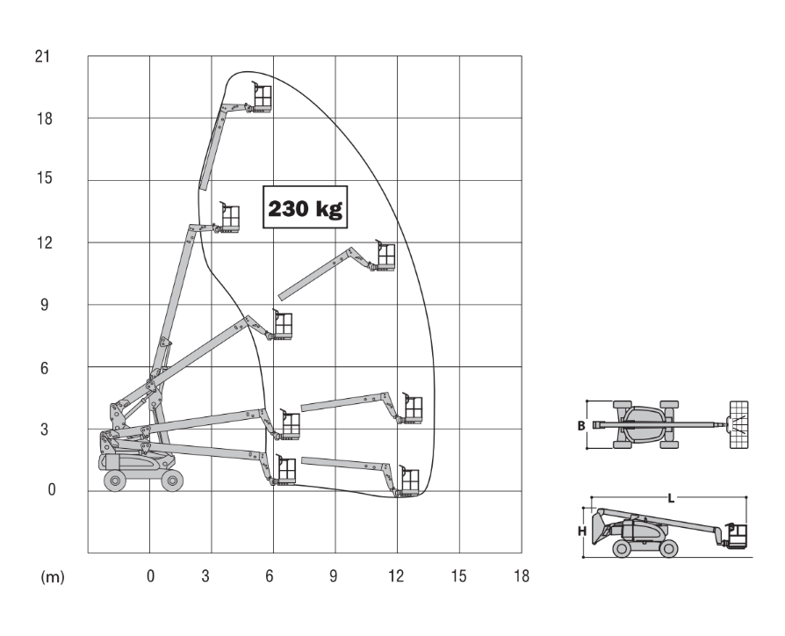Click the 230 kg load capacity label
pos(305,208)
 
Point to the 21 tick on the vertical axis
pos(42,57)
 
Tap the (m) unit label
pos(53,576)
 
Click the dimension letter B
pos(580,426)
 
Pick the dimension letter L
pos(672,498)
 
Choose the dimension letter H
pos(580,531)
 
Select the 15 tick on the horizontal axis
pos(459,576)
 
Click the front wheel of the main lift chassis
pos(171,480)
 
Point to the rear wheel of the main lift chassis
pos(115,480)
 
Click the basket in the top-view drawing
pos(738,425)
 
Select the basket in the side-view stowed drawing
pos(736,536)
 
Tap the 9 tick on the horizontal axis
pos(334,576)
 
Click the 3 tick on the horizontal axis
pos(205,576)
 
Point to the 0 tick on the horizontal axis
pos(150,576)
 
